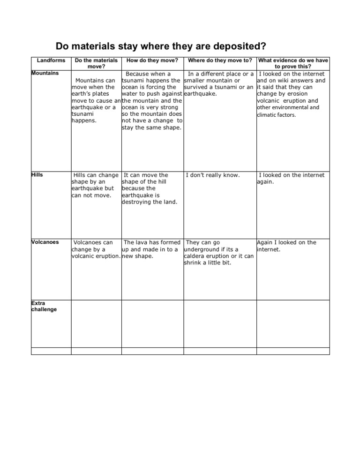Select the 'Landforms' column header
coord(50,60)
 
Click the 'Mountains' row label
coord(45,73)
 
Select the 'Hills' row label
coord(37,175)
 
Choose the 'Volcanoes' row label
coord(45,242)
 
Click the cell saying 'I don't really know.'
coord(213,175)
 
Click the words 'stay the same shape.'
coord(152,127)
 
